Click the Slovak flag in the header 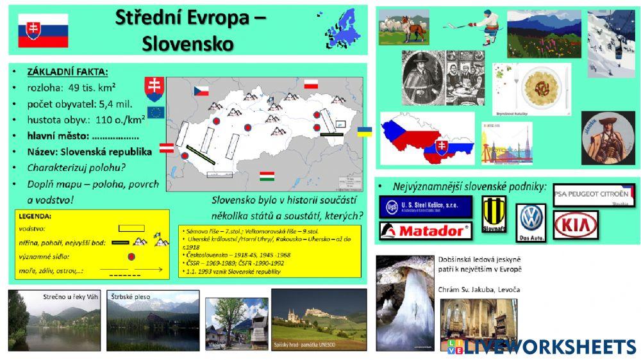[43, 30]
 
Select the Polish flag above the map [312, 84]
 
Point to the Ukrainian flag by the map [364, 131]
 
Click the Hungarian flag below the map [267, 176]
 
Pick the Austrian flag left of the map [166, 149]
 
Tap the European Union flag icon [156, 113]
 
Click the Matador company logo [424, 231]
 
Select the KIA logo [575, 224]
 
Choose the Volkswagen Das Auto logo [531, 222]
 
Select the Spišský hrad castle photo [319, 320]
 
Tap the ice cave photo [404, 302]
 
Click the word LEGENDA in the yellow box [36, 217]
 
